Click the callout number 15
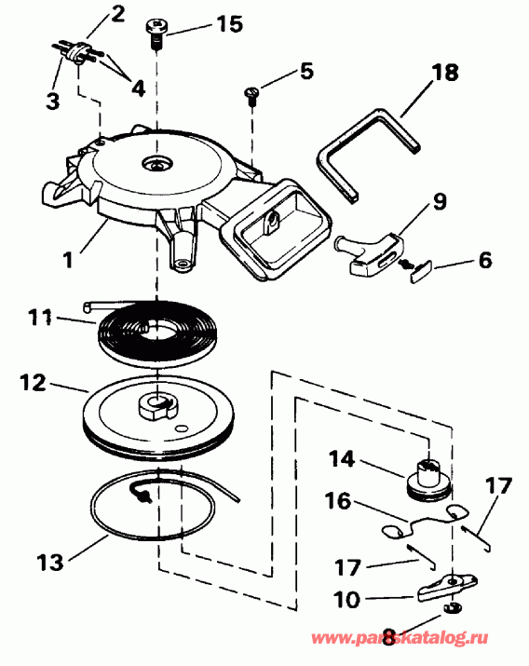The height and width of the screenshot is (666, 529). tap(230, 24)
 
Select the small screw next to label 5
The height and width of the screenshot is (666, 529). tap(251, 95)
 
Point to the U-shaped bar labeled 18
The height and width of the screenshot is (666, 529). tap(368, 156)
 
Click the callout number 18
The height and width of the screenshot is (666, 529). tap(445, 73)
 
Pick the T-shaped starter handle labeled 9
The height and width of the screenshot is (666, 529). tap(371, 253)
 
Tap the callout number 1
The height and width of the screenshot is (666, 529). tap(68, 259)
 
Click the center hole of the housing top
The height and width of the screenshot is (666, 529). tap(156, 163)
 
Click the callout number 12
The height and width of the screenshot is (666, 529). tap(33, 383)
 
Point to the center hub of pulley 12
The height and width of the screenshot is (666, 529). tap(157, 405)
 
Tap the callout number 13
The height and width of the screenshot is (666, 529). tap(50, 562)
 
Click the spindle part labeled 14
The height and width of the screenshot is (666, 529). tap(427, 479)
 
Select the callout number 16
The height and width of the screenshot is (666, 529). tap(338, 500)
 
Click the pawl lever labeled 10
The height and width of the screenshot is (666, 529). tap(447, 588)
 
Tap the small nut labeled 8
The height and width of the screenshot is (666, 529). tap(453, 607)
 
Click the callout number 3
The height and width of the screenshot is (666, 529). tap(53, 102)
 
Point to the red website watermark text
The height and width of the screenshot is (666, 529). tap(400, 637)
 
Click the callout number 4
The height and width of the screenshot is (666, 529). tap(139, 88)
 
